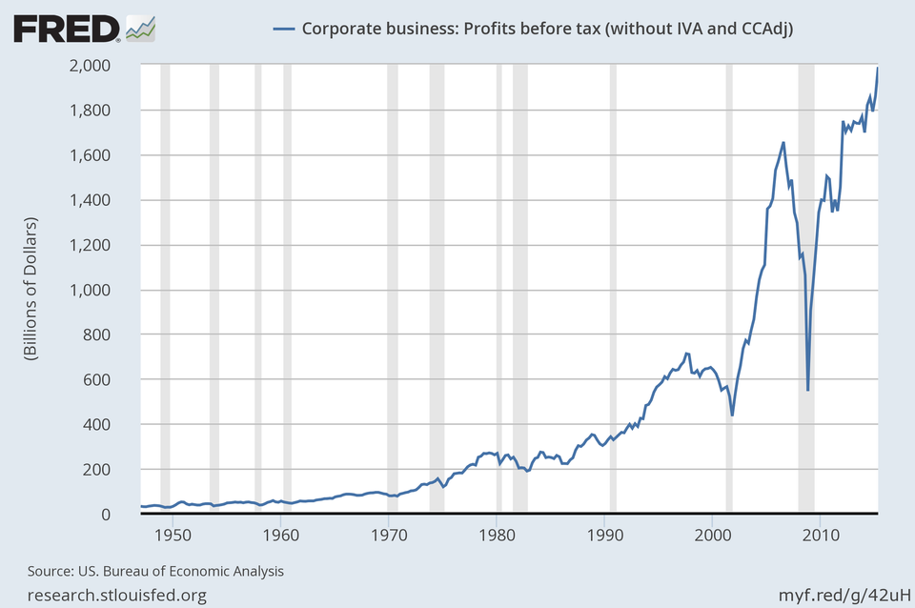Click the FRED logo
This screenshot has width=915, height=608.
tap(67, 29)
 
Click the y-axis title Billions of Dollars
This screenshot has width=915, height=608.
tap(30, 290)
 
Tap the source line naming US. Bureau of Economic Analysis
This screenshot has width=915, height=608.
tap(155, 572)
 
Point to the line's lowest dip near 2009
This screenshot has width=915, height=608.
tap(808, 390)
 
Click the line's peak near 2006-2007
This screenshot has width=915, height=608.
tap(783, 143)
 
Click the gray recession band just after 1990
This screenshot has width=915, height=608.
tap(613, 286)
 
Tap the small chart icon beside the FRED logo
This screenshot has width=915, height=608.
tap(140, 28)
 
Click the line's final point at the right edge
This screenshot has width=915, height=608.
tap(878, 68)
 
